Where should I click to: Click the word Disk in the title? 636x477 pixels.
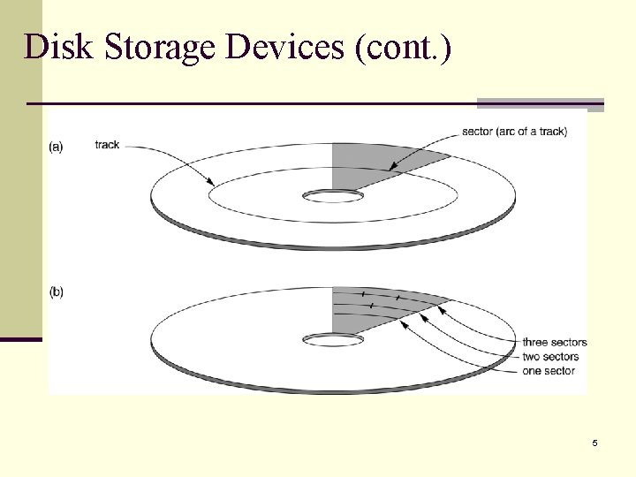click(x=58, y=46)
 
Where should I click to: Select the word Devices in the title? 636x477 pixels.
click(x=284, y=46)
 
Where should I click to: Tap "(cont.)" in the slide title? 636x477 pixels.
click(x=402, y=46)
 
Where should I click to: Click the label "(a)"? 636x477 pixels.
click(x=56, y=147)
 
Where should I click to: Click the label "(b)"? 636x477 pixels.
click(x=56, y=291)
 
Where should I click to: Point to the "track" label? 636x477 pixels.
click(x=107, y=145)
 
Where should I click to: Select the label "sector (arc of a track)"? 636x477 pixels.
click(x=514, y=132)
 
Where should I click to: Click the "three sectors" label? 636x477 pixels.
click(x=554, y=343)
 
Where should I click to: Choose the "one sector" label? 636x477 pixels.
click(x=548, y=371)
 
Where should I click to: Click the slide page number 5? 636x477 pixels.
click(x=594, y=443)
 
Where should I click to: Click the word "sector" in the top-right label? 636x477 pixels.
click(x=478, y=132)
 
